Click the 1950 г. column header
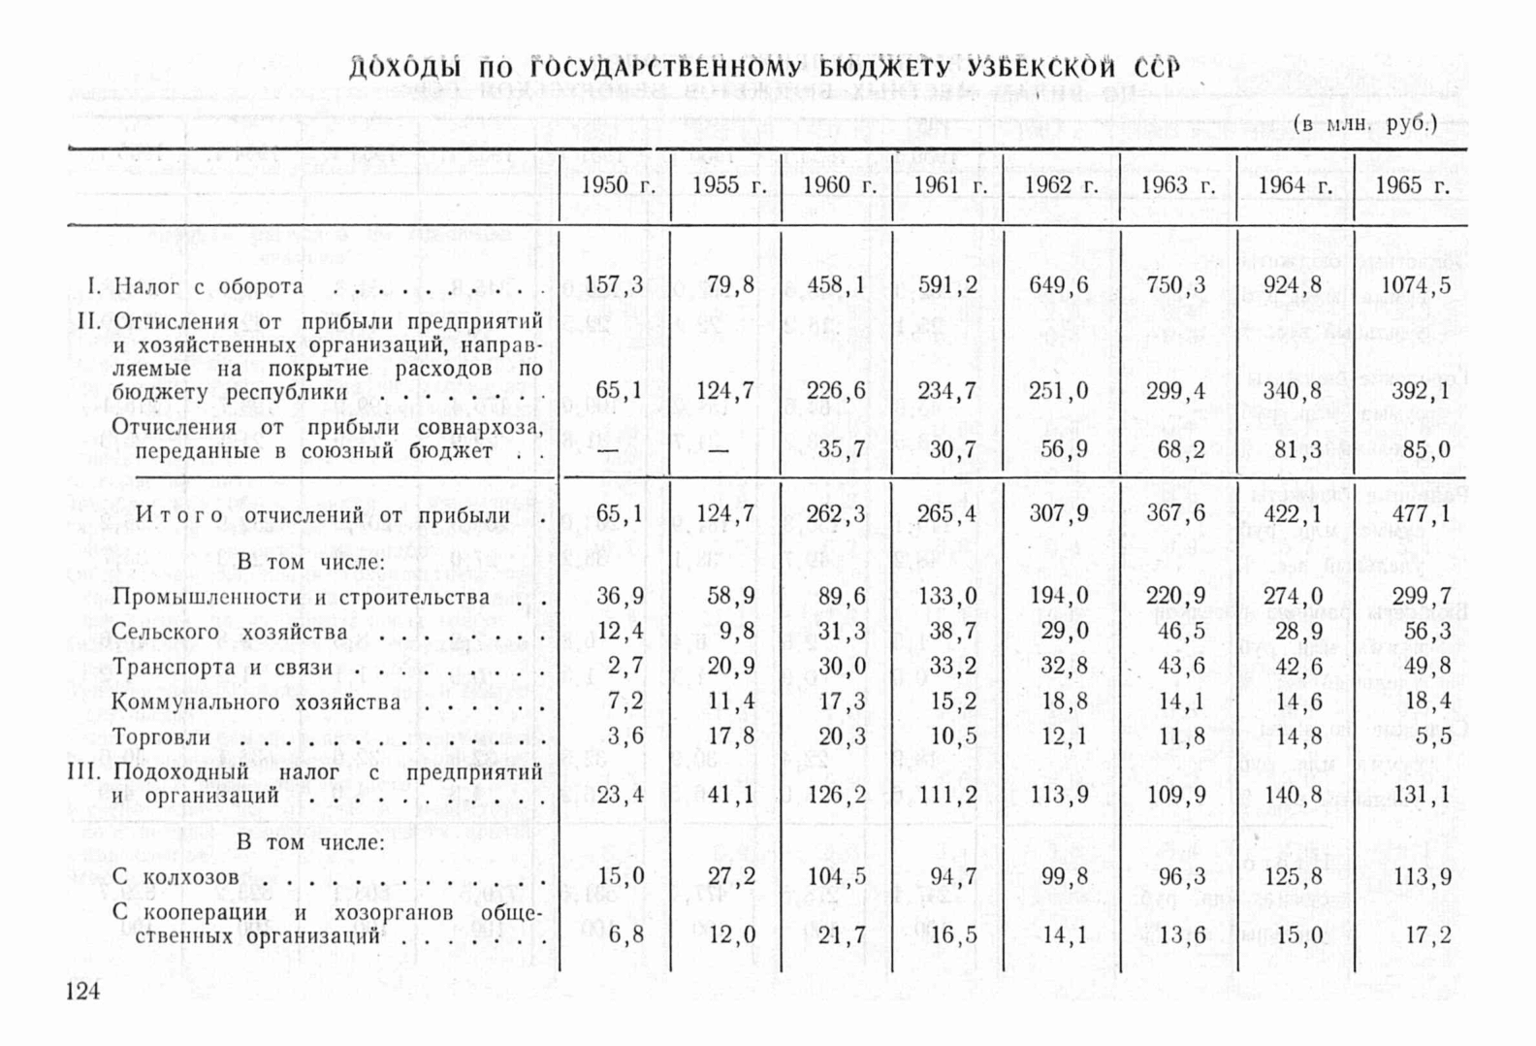coord(617,185)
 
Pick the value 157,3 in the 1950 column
coord(614,285)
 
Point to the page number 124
coord(82,991)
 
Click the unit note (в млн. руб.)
coord(1365,124)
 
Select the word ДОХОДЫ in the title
coord(406,70)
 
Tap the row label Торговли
coord(161,736)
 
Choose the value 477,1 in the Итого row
coord(1421,513)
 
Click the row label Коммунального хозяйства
coord(256,702)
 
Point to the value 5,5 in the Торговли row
coord(1433,736)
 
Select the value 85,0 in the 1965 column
coord(1425,450)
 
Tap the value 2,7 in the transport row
coord(624,667)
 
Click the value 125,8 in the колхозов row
coord(1292,877)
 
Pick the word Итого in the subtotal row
coord(179,514)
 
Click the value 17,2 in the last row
coord(1427,935)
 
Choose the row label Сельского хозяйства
coord(229,632)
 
